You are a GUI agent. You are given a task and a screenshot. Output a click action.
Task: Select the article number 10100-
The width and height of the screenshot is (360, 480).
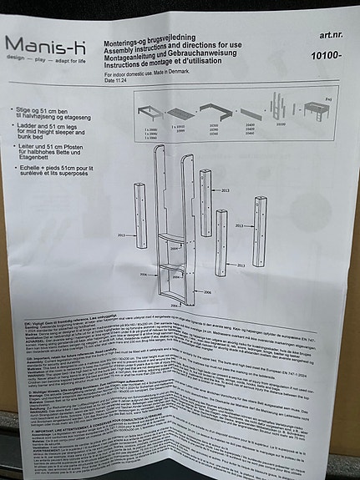pyautogui.click(x=327, y=56)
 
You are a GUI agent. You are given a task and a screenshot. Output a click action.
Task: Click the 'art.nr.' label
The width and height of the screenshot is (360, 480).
pyautogui.click(x=331, y=37)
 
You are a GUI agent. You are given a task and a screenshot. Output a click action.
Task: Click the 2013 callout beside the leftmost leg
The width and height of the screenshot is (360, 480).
pyautogui.click(x=124, y=236)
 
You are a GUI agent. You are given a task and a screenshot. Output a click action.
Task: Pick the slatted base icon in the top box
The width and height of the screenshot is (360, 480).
pyautogui.click(x=179, y=111)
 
